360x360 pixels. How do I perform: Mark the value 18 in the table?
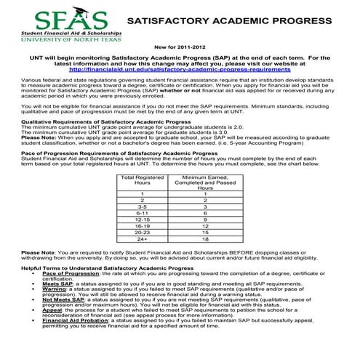(x=205, y=238)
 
